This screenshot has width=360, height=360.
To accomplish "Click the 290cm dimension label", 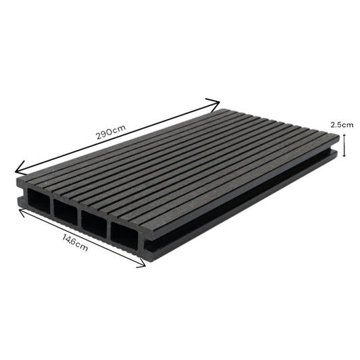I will click(x=111, y=133).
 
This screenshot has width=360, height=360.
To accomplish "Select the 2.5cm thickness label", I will click(x=342, y=124).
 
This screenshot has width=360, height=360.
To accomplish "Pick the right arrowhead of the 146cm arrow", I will click(x=143, y=265).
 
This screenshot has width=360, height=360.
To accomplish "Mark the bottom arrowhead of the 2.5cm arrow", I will click(x=345, y=155).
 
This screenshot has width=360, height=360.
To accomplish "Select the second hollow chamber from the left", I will click(x=66, y=213).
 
